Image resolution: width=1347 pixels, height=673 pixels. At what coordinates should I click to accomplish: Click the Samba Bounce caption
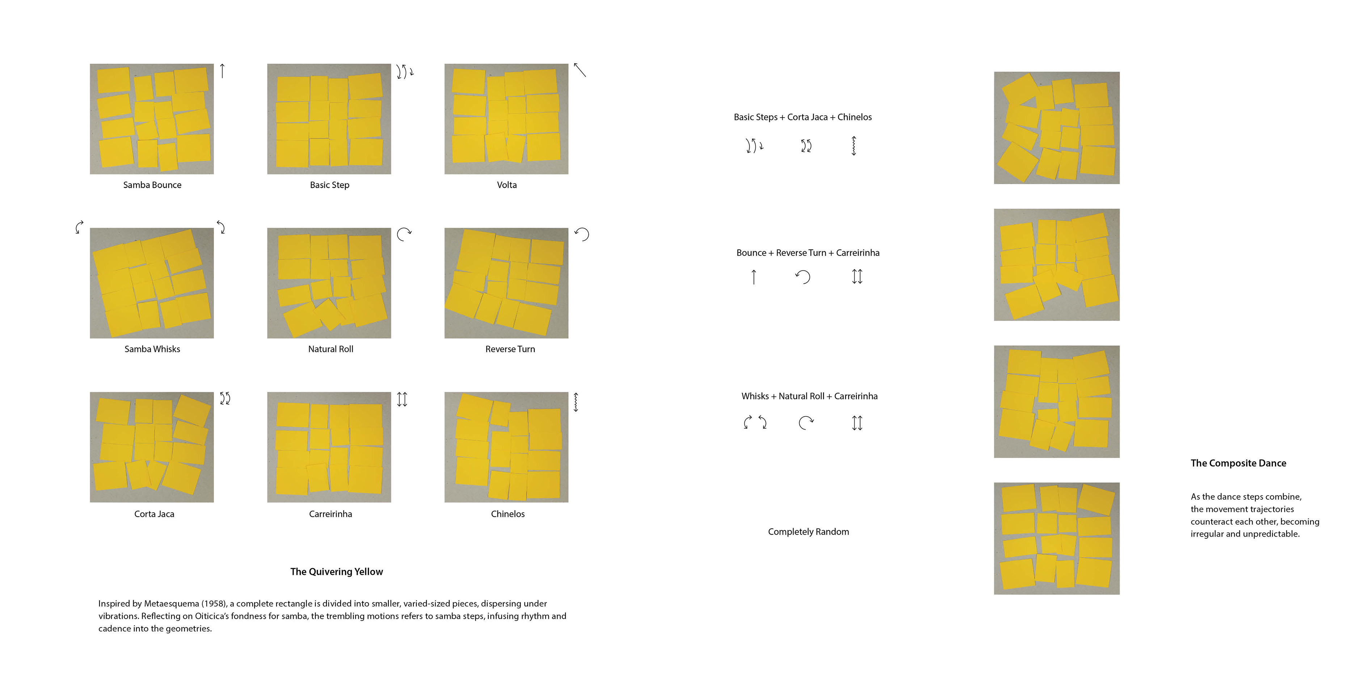152,185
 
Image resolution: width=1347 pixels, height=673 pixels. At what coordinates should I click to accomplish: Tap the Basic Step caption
329,185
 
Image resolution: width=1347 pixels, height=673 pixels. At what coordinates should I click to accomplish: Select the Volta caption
507,185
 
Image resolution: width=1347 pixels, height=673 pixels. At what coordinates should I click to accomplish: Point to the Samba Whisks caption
152,349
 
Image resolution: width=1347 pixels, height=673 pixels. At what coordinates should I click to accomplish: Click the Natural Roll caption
331,349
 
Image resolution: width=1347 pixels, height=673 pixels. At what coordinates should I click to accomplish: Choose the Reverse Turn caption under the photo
510,349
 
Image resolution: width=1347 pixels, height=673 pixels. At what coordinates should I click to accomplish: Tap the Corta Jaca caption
154,514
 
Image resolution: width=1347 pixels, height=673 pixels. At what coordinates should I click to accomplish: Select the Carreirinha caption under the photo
331,514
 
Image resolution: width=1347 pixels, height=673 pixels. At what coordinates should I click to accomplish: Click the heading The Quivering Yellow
337,572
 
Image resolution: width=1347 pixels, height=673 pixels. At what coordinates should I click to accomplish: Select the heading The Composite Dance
1238,463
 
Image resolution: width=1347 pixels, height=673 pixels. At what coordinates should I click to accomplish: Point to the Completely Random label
808,532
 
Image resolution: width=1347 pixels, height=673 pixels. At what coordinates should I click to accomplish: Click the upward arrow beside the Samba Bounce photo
222,71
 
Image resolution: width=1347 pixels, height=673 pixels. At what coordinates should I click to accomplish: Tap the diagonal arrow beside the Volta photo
580,70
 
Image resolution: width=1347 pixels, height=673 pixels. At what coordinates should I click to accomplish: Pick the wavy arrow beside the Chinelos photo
576,402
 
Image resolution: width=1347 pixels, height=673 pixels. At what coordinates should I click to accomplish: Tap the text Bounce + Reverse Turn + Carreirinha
808,253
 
